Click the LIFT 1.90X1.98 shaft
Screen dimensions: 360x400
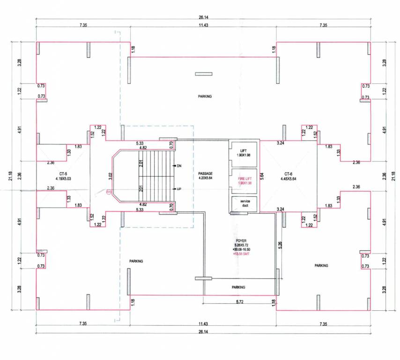pyautogui.click(x=243, y=153)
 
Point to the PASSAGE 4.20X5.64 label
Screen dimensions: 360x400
pyautogui.click(x=205, y=175)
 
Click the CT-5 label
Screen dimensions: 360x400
pyautogui.click(x=57, y=173)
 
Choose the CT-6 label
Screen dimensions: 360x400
pyautogui.click(x=288, y=173)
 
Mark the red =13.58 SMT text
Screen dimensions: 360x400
pyautogui.click(x=242, y=254)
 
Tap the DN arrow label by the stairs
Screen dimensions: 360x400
pyautogui.click(x=179, y=166)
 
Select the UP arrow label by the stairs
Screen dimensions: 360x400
pyautogui.click(x=179, y=188)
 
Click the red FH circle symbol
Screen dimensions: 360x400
pyautogui.click(x=108, y=192)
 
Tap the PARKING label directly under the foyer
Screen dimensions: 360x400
pyautogui.click(x=238, y=287)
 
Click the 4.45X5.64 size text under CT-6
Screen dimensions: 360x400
pyautogui.click(x=288, y=179)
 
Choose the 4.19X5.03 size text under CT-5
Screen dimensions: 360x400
pyautogui.click(x=57, y=179)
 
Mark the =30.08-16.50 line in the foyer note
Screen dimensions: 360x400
pyautogui.click(x=242, y=250)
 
